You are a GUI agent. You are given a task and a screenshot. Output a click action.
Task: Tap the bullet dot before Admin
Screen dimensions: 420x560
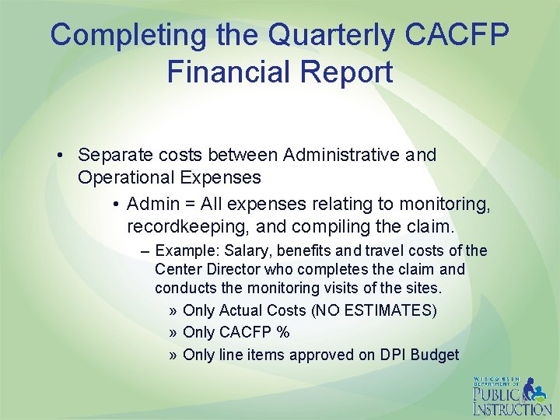coord(114,205)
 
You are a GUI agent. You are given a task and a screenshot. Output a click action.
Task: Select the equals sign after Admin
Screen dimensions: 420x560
coord(188,205)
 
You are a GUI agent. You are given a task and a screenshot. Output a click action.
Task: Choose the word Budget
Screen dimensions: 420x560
coord(436,355)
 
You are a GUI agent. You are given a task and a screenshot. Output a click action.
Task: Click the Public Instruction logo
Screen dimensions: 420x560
coord(511,396)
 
